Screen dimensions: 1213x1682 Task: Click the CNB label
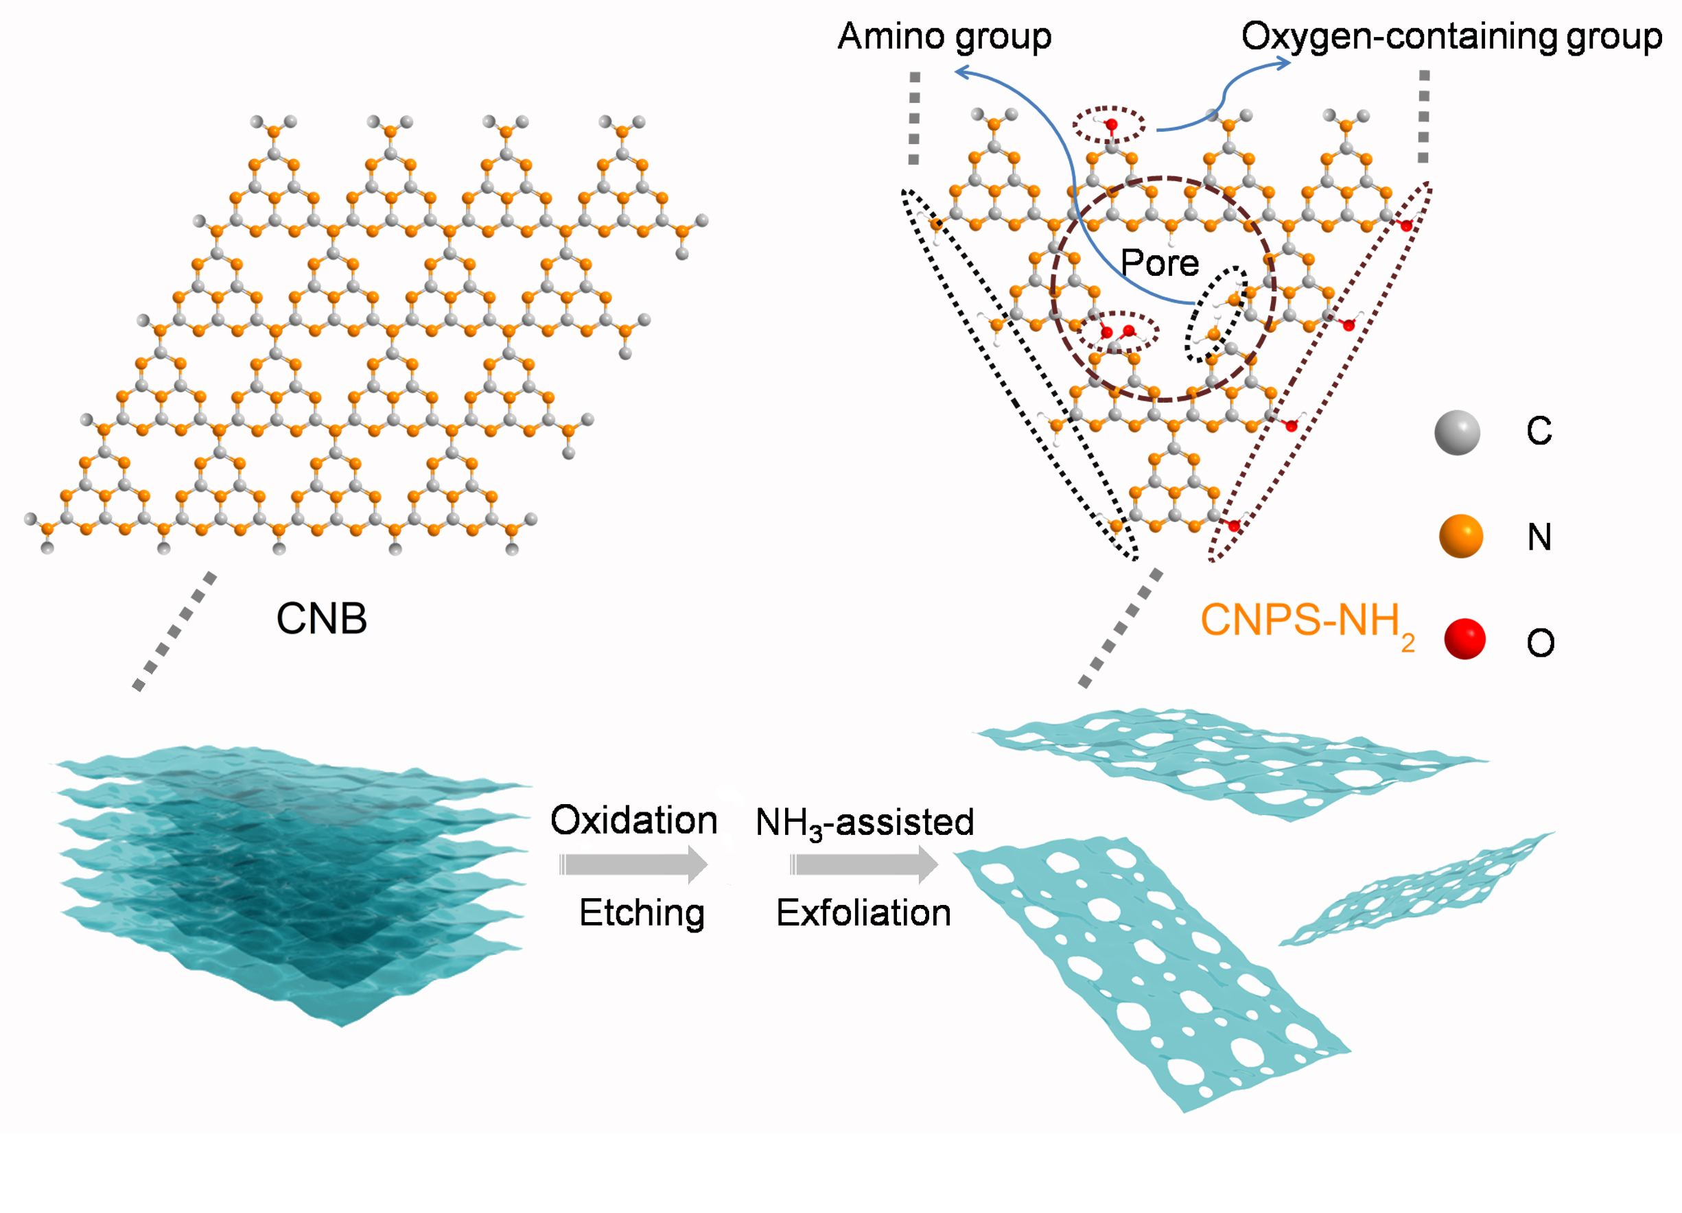(321, 618)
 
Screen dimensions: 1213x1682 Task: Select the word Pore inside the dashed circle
(1159, 263)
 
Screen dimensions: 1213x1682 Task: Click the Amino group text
(944, 37)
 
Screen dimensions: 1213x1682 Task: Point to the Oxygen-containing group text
(1451, 37)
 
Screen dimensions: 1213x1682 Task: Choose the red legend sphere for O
(1464, 639)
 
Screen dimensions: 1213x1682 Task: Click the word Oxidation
(633, 820)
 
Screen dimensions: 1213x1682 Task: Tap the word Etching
(642, 912)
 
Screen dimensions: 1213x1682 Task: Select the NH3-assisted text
(864, 822)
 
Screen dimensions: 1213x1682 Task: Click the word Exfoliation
(863, 912)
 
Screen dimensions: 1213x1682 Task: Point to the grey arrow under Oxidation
(633, 864)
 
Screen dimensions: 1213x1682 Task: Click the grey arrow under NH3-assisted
(864, 864)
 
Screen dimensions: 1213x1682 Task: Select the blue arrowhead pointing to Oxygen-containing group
(1283, 64)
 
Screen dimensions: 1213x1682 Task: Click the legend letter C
(1539, 431)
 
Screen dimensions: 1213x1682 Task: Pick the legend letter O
(1541, 643)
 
